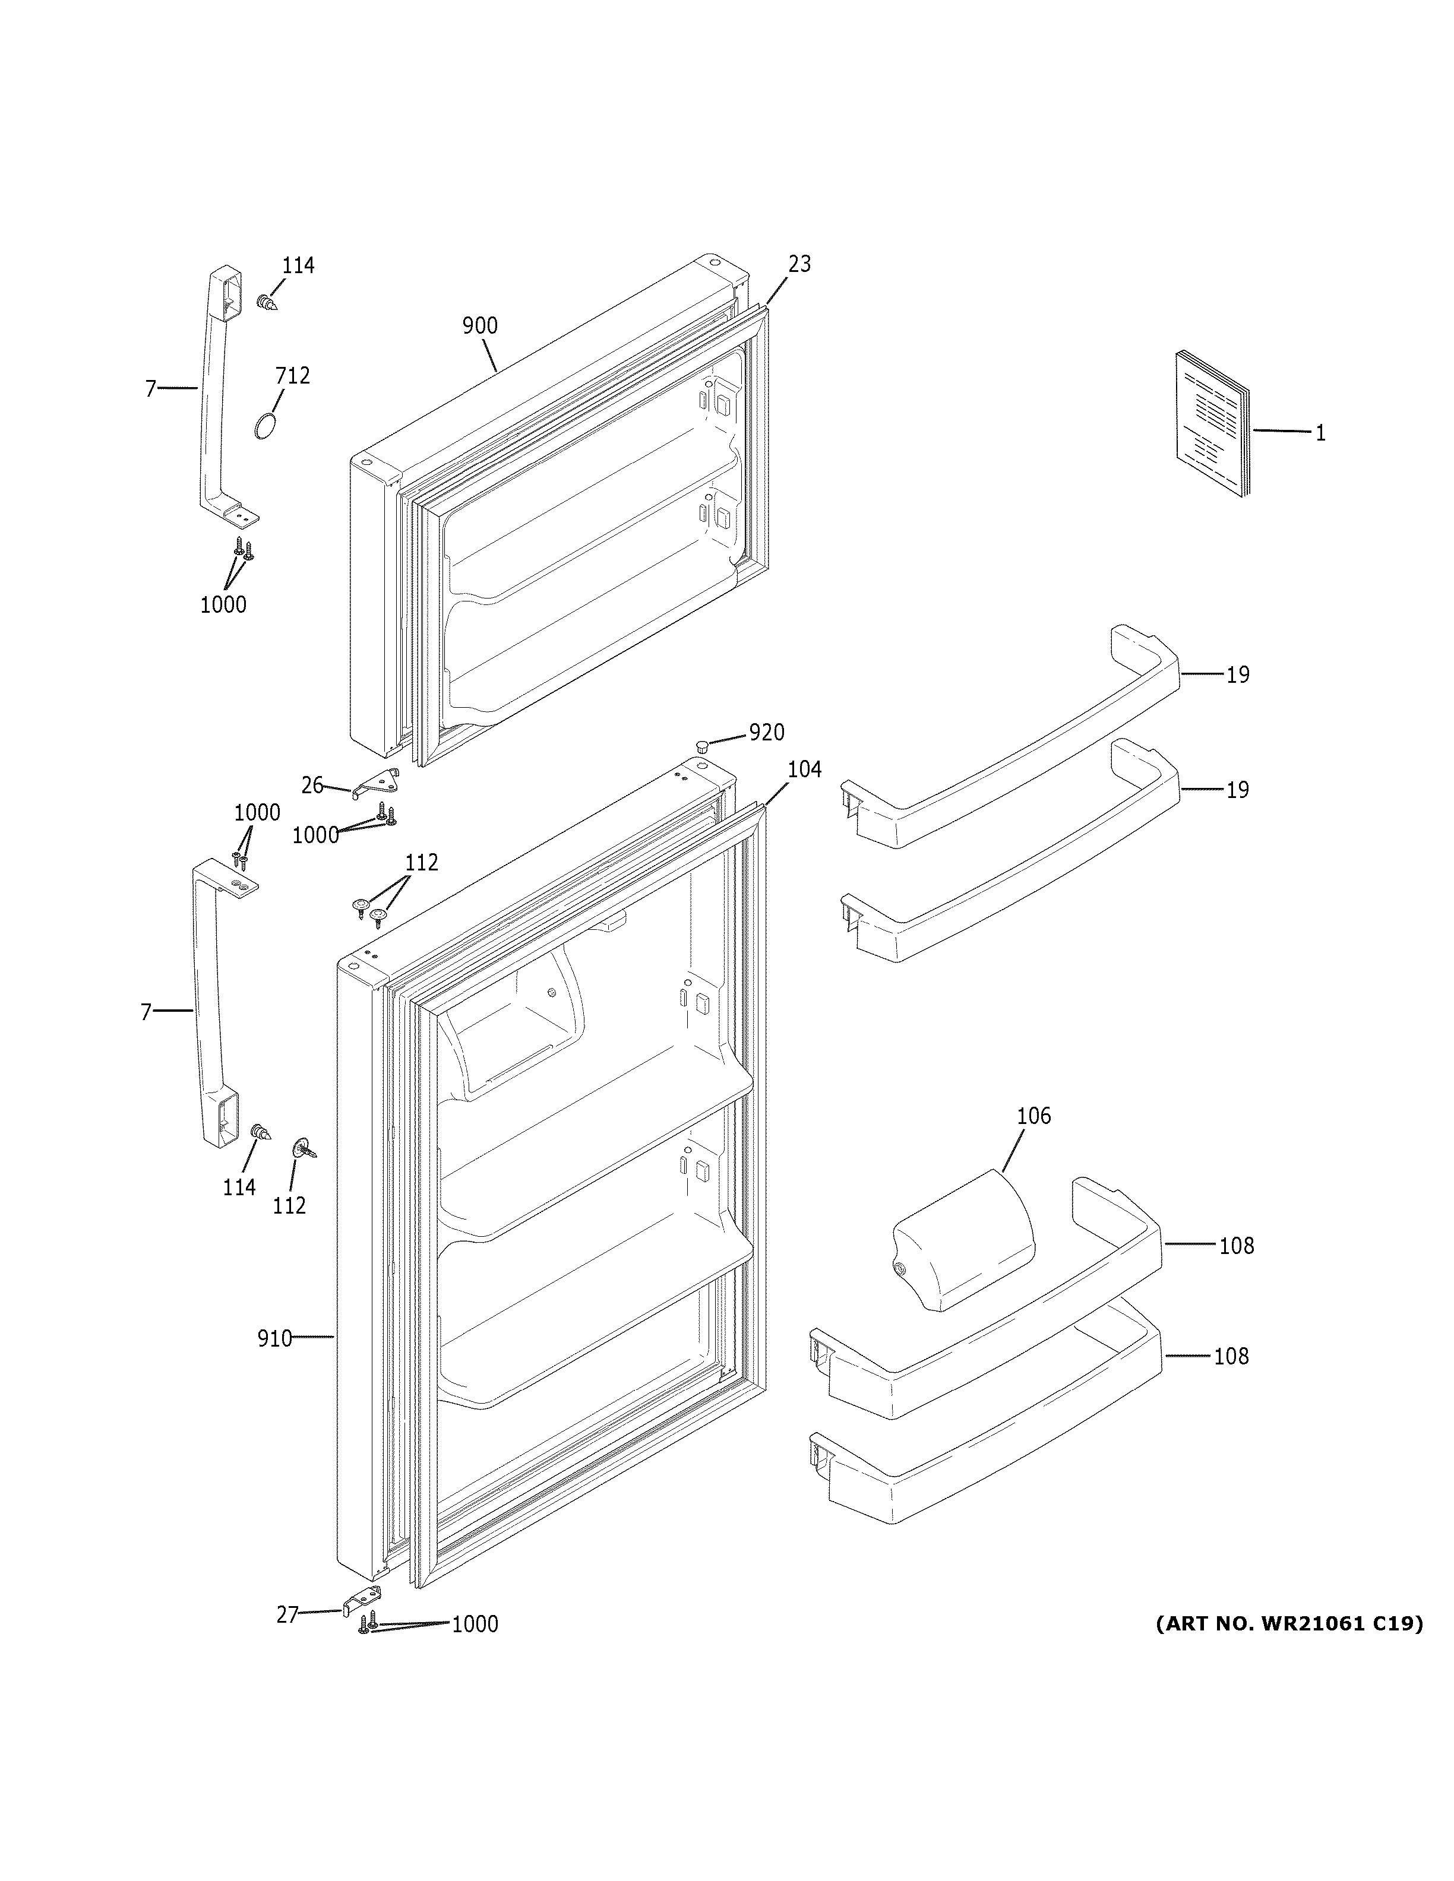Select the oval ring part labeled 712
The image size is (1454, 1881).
coord(265,426)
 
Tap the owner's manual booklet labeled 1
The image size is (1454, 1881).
coord(1211,424)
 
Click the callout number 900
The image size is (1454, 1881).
coord(480,325)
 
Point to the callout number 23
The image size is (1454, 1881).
coord(799,264)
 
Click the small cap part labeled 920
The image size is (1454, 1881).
coord(702,744)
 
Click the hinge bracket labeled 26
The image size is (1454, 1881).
coord(379,782)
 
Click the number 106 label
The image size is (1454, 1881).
coord(1033,1116)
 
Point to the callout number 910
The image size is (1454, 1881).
coord(274,1338)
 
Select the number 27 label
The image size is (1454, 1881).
coord(287,1616)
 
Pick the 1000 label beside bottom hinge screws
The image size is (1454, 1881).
coord(475,1625)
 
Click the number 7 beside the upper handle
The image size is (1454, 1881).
coord(151,389)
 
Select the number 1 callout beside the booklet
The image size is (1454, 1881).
coord(1320,433)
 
